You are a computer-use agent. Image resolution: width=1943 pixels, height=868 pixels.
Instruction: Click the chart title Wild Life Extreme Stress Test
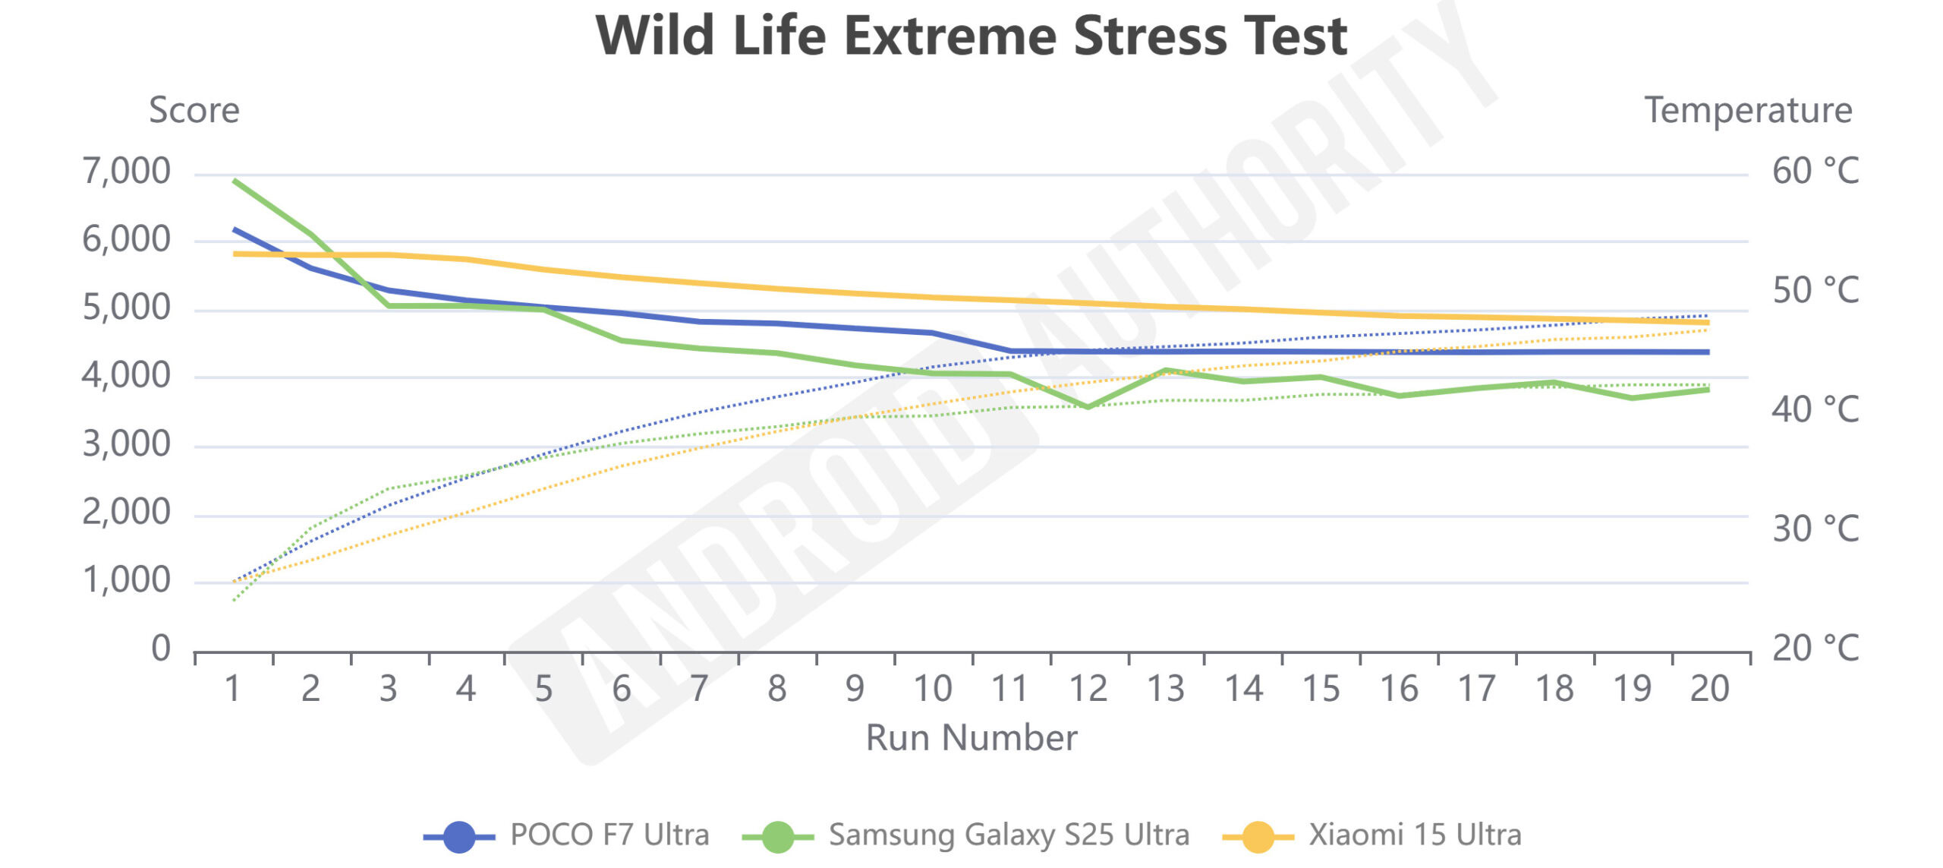click(971, 36)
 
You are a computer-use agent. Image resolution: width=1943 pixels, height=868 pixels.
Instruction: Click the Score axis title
click(194, 111)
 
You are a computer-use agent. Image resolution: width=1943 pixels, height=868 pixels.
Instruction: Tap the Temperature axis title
click(1748, 111)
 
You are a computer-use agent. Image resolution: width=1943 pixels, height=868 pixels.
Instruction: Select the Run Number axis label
click(971, 738)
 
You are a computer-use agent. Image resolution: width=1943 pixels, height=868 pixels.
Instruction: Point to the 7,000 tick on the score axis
click(127, 172)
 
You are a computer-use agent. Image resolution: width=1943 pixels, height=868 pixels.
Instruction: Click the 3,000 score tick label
click(127, 444)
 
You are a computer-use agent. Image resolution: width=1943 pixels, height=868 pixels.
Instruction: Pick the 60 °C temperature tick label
click(1815, 172)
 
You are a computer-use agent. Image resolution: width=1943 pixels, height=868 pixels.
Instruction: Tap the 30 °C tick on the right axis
click(1815, 529)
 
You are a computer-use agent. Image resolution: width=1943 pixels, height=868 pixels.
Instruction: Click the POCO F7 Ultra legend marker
click(458, 836)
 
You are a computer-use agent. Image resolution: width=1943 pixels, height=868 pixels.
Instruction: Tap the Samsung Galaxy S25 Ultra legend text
click(1009, 835)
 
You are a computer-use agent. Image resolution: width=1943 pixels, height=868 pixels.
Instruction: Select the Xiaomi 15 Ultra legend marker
click(1258, 836)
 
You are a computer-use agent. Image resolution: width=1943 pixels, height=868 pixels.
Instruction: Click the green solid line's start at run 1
click(235, 181)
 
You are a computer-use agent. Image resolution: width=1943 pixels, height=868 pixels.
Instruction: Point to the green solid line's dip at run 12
click(1088, 407)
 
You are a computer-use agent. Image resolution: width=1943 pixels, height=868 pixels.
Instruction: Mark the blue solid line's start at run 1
click(235, 229)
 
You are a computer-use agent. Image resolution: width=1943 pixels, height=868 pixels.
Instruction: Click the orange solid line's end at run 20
click(1708, 323)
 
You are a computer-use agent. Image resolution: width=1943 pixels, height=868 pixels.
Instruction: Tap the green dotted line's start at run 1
click(235, 600)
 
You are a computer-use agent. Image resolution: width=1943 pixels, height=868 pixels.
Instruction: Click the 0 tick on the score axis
click(161, 649)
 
